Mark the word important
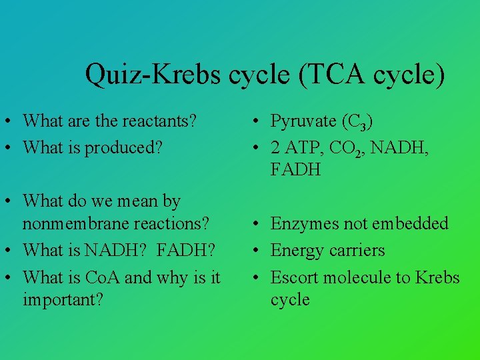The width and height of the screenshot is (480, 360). click(x=63, y=300)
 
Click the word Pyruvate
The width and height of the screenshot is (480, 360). click(x=303, y=121)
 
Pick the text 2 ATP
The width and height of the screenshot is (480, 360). click(x=293, y=148)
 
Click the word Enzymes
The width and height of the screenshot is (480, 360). click(x=305, y=224)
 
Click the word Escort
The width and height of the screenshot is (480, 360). click(x=295, y=277)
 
